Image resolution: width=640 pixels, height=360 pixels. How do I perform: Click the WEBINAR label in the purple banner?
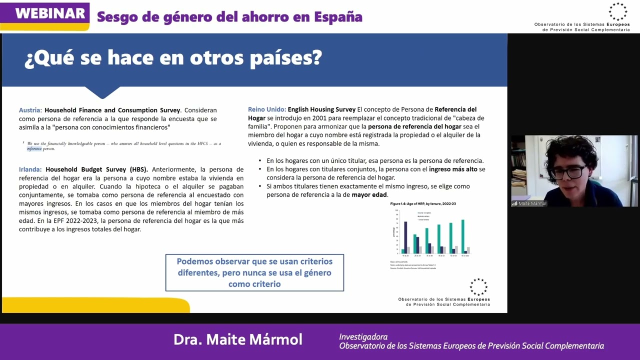coord(50,13)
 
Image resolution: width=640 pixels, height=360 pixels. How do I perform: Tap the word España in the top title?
coord(338,16)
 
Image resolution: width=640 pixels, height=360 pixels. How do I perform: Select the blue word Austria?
coord(30,110)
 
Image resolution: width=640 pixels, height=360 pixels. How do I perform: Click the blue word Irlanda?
coord(30,169)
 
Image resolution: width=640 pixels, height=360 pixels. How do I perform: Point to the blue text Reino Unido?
coord(267,109)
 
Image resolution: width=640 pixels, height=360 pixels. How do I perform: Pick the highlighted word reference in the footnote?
coord(34,149)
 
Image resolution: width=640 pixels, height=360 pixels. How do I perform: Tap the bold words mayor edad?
coord(369,194)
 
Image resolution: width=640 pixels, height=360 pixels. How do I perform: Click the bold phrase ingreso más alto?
coord(453,169)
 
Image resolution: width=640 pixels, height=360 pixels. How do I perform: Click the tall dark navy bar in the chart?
coord(405,237)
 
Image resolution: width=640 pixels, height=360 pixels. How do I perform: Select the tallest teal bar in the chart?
coord(462,236)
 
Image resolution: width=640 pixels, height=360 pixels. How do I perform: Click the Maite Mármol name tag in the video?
coord(532,203)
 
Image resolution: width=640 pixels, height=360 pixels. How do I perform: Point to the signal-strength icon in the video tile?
coord(514,203)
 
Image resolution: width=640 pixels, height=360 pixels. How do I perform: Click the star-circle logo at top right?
coord(617,11)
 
